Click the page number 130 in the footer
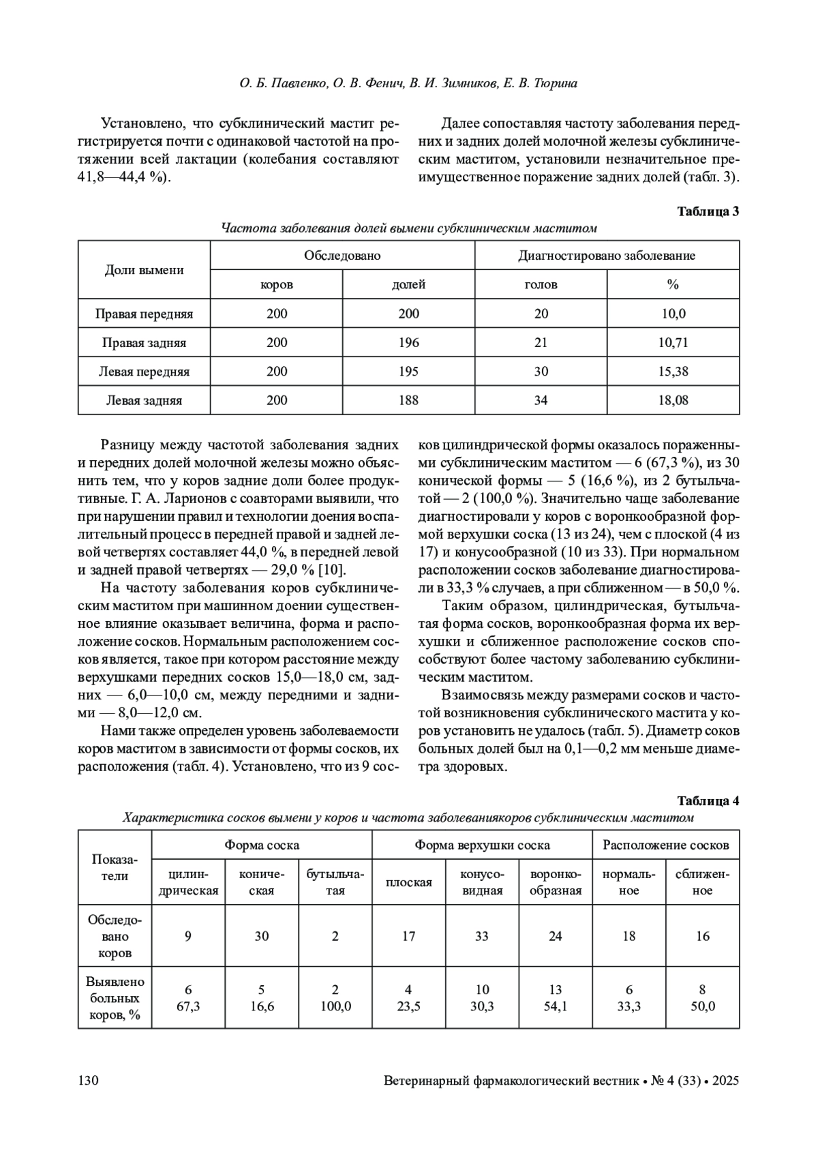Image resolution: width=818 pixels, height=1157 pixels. tap(89, 1081)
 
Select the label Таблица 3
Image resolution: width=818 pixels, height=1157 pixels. tap(708, 211)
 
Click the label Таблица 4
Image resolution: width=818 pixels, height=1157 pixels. tap(708, 800)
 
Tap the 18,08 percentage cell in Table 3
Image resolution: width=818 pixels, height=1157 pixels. tap(673, 400)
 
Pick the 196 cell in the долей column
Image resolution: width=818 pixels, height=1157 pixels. tap(409, 342)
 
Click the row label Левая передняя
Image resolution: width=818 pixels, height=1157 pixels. tap(144, 372)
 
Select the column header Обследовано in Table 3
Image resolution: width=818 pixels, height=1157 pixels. tap(342, 256)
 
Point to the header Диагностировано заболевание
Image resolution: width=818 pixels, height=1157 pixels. tap(607, 256)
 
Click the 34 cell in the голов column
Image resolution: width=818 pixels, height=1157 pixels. tap(541, 400)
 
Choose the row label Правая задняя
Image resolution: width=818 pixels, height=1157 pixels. tap(144, 342)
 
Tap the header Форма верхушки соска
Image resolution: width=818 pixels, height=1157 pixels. tap(482, 845)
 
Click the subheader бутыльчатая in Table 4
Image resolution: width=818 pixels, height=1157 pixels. tap(335, 882)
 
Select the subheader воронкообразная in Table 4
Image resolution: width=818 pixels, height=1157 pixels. tap(556, 882)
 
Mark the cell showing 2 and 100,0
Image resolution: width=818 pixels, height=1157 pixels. tap(335, 997)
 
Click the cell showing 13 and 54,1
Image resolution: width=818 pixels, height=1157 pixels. tap(556, 997)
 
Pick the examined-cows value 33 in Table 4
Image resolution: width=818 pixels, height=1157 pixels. tap(482, 936)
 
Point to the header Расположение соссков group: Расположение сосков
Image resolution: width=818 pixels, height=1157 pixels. tap(665, 845)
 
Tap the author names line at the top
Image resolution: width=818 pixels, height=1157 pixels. tap(408, 84)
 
